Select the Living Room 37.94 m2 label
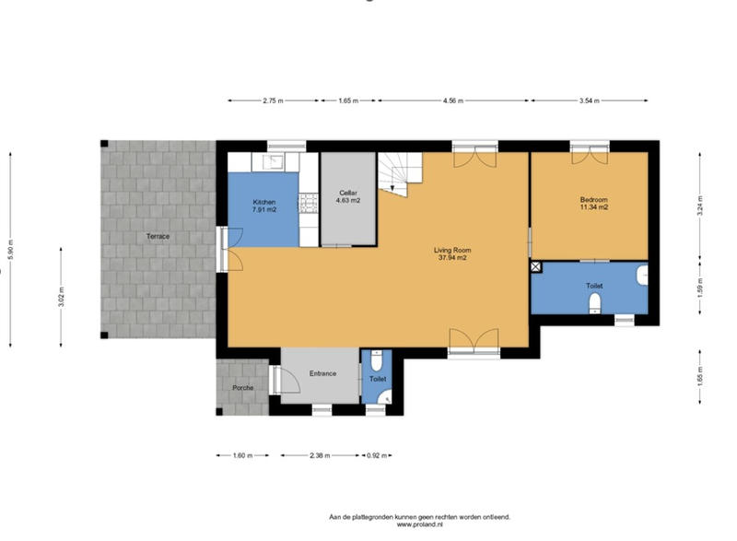(x=452, y=253)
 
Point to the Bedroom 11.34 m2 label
(x=593, y=204)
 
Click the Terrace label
(x=157, y=237)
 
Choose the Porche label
(x=242, y=387)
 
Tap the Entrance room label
(x=322, y=373)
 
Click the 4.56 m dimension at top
(x=453, y=100)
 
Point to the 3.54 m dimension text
(x=590, y=100)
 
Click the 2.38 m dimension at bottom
(x=320, y=455)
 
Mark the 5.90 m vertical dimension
(x=11, y=249)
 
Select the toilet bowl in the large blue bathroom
(x=596, y=303)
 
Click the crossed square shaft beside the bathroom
(x=536, y=266)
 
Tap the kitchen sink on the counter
(x=273, y=162)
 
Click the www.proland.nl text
(x=419, y=525)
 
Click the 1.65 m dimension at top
(x=348, y=100)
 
